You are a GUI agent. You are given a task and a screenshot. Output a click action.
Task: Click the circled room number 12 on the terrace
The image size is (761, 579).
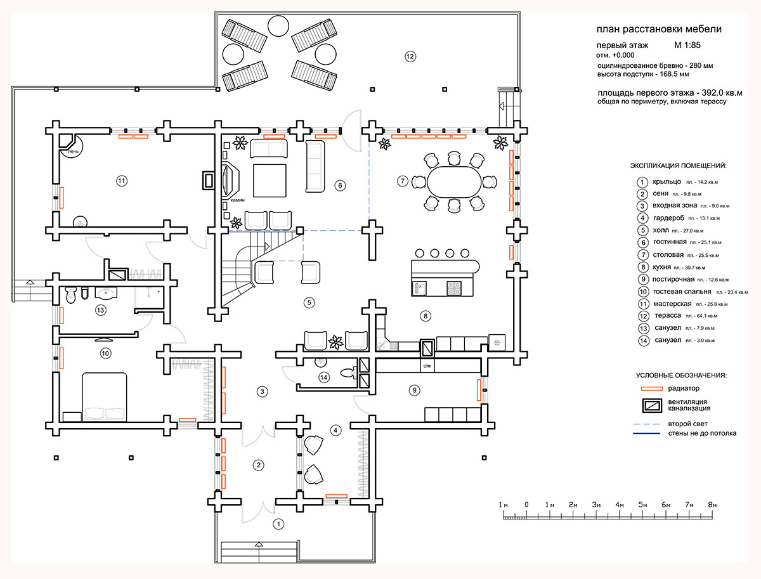[410, 56]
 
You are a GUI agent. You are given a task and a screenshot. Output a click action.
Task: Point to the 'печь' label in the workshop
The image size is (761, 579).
[73, 152]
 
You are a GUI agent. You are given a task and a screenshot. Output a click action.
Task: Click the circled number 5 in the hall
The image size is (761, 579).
[309, 302]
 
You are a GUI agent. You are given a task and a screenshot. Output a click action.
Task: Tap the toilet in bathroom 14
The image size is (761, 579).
[347, 373]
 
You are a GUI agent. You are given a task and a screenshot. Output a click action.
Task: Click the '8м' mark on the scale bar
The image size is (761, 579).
[712, 504]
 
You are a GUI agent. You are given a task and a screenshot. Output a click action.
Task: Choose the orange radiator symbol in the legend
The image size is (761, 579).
[653, 388]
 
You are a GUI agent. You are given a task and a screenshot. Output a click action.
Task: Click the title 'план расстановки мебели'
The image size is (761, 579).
[659, 29]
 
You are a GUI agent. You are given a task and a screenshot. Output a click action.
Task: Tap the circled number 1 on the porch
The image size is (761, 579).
[277, 524]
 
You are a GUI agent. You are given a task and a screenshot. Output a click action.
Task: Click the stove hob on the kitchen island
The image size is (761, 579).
[455, 287]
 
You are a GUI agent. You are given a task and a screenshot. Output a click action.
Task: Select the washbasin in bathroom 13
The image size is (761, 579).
[105, 294]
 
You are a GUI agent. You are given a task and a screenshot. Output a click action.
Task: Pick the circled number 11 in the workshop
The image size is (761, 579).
[122, 181]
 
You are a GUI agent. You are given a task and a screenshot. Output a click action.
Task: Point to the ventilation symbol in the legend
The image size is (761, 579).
[653, 405]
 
